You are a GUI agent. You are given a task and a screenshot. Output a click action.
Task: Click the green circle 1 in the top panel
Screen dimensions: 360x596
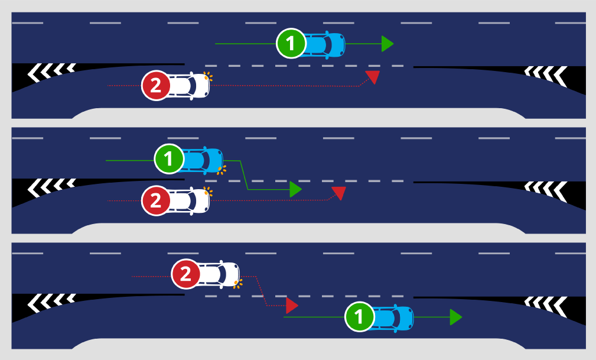tap(291, 44)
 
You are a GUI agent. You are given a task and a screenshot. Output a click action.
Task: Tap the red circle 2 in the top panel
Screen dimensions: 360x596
tap(156, 86)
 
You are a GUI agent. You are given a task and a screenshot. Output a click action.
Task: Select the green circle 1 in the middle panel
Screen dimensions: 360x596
tap(169, 159)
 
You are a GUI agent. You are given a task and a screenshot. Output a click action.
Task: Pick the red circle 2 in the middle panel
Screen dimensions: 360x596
tap(156, 201)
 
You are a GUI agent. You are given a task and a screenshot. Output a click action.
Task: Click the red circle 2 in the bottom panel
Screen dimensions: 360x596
tap(185, 274)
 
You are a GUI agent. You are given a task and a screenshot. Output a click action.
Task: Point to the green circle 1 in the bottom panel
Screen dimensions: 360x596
tap(359, 317)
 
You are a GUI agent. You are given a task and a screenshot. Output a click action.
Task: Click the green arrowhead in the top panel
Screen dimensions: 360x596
tap(387, 44)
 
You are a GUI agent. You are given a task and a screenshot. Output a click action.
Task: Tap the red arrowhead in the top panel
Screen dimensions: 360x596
tap(373, 76)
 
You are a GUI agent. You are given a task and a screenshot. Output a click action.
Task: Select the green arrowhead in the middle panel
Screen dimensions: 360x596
tap(295, 189)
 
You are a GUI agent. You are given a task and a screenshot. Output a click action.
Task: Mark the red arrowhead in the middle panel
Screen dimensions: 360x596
tap(338, 192)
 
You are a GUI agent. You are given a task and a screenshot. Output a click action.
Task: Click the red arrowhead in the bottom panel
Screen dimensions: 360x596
tap(291, 306)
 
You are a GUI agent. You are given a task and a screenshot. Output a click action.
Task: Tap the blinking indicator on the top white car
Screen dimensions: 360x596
tap(207, 76)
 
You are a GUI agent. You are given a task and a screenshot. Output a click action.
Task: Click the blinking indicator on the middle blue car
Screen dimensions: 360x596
tap(222, 170)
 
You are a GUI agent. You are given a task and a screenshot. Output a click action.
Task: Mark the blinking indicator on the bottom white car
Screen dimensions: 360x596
tap(238, 284)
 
